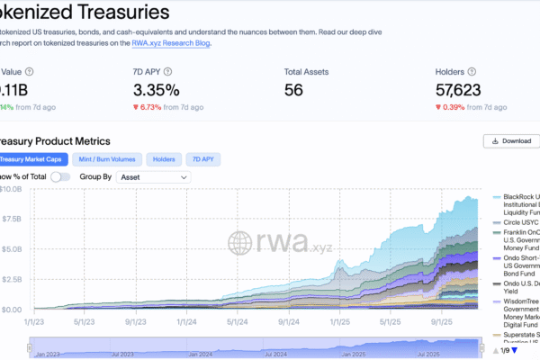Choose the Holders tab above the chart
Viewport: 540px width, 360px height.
(x=163, y=159)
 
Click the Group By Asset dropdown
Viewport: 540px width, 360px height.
(x=153, y=177)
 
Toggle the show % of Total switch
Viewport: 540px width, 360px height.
(x=60, y=177)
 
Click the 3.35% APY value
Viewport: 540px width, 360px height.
(x=157, y=90)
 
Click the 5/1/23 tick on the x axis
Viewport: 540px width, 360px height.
(x=85, y=321)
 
